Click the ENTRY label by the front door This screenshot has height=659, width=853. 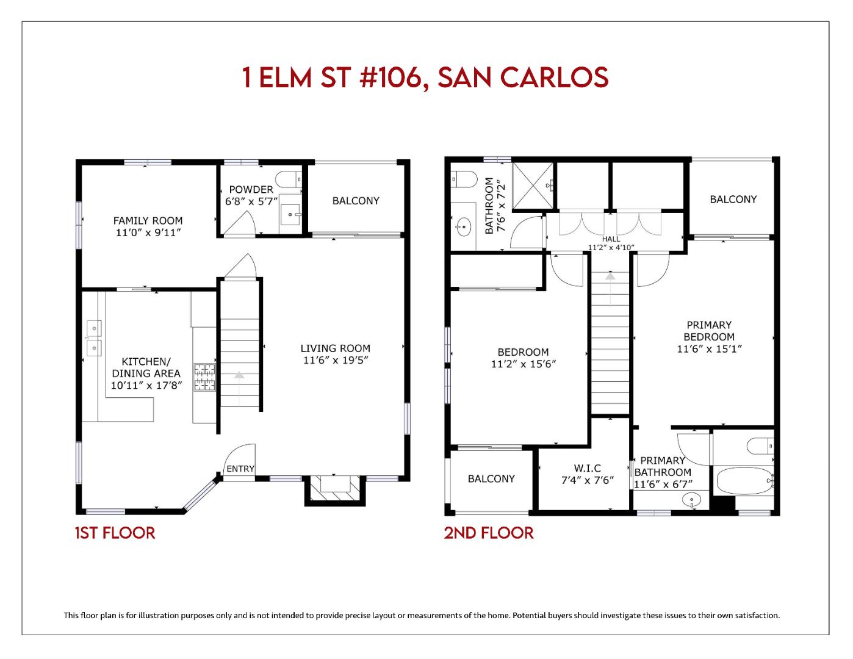(240, 469)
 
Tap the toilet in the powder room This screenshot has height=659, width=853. (289, 179)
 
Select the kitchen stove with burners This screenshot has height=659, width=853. (205, 377)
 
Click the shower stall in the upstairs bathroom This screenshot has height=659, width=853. (533, 183)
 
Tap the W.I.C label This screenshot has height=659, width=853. (587, 468)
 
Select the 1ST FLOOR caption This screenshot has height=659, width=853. (115, 533)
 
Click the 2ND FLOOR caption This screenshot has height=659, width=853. (488, 533)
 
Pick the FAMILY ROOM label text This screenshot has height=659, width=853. (148, 221)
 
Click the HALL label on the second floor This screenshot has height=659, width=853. (611, 239)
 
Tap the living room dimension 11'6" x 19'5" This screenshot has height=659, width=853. (335, 360)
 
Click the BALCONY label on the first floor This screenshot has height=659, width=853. (356, 201)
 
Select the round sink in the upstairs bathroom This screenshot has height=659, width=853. (463, 228)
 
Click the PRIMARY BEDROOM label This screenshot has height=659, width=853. (708, 331)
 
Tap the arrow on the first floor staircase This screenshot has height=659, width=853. (239, 376)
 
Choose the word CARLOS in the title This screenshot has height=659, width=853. (554, 77)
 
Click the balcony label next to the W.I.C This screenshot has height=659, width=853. (491, 479)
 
